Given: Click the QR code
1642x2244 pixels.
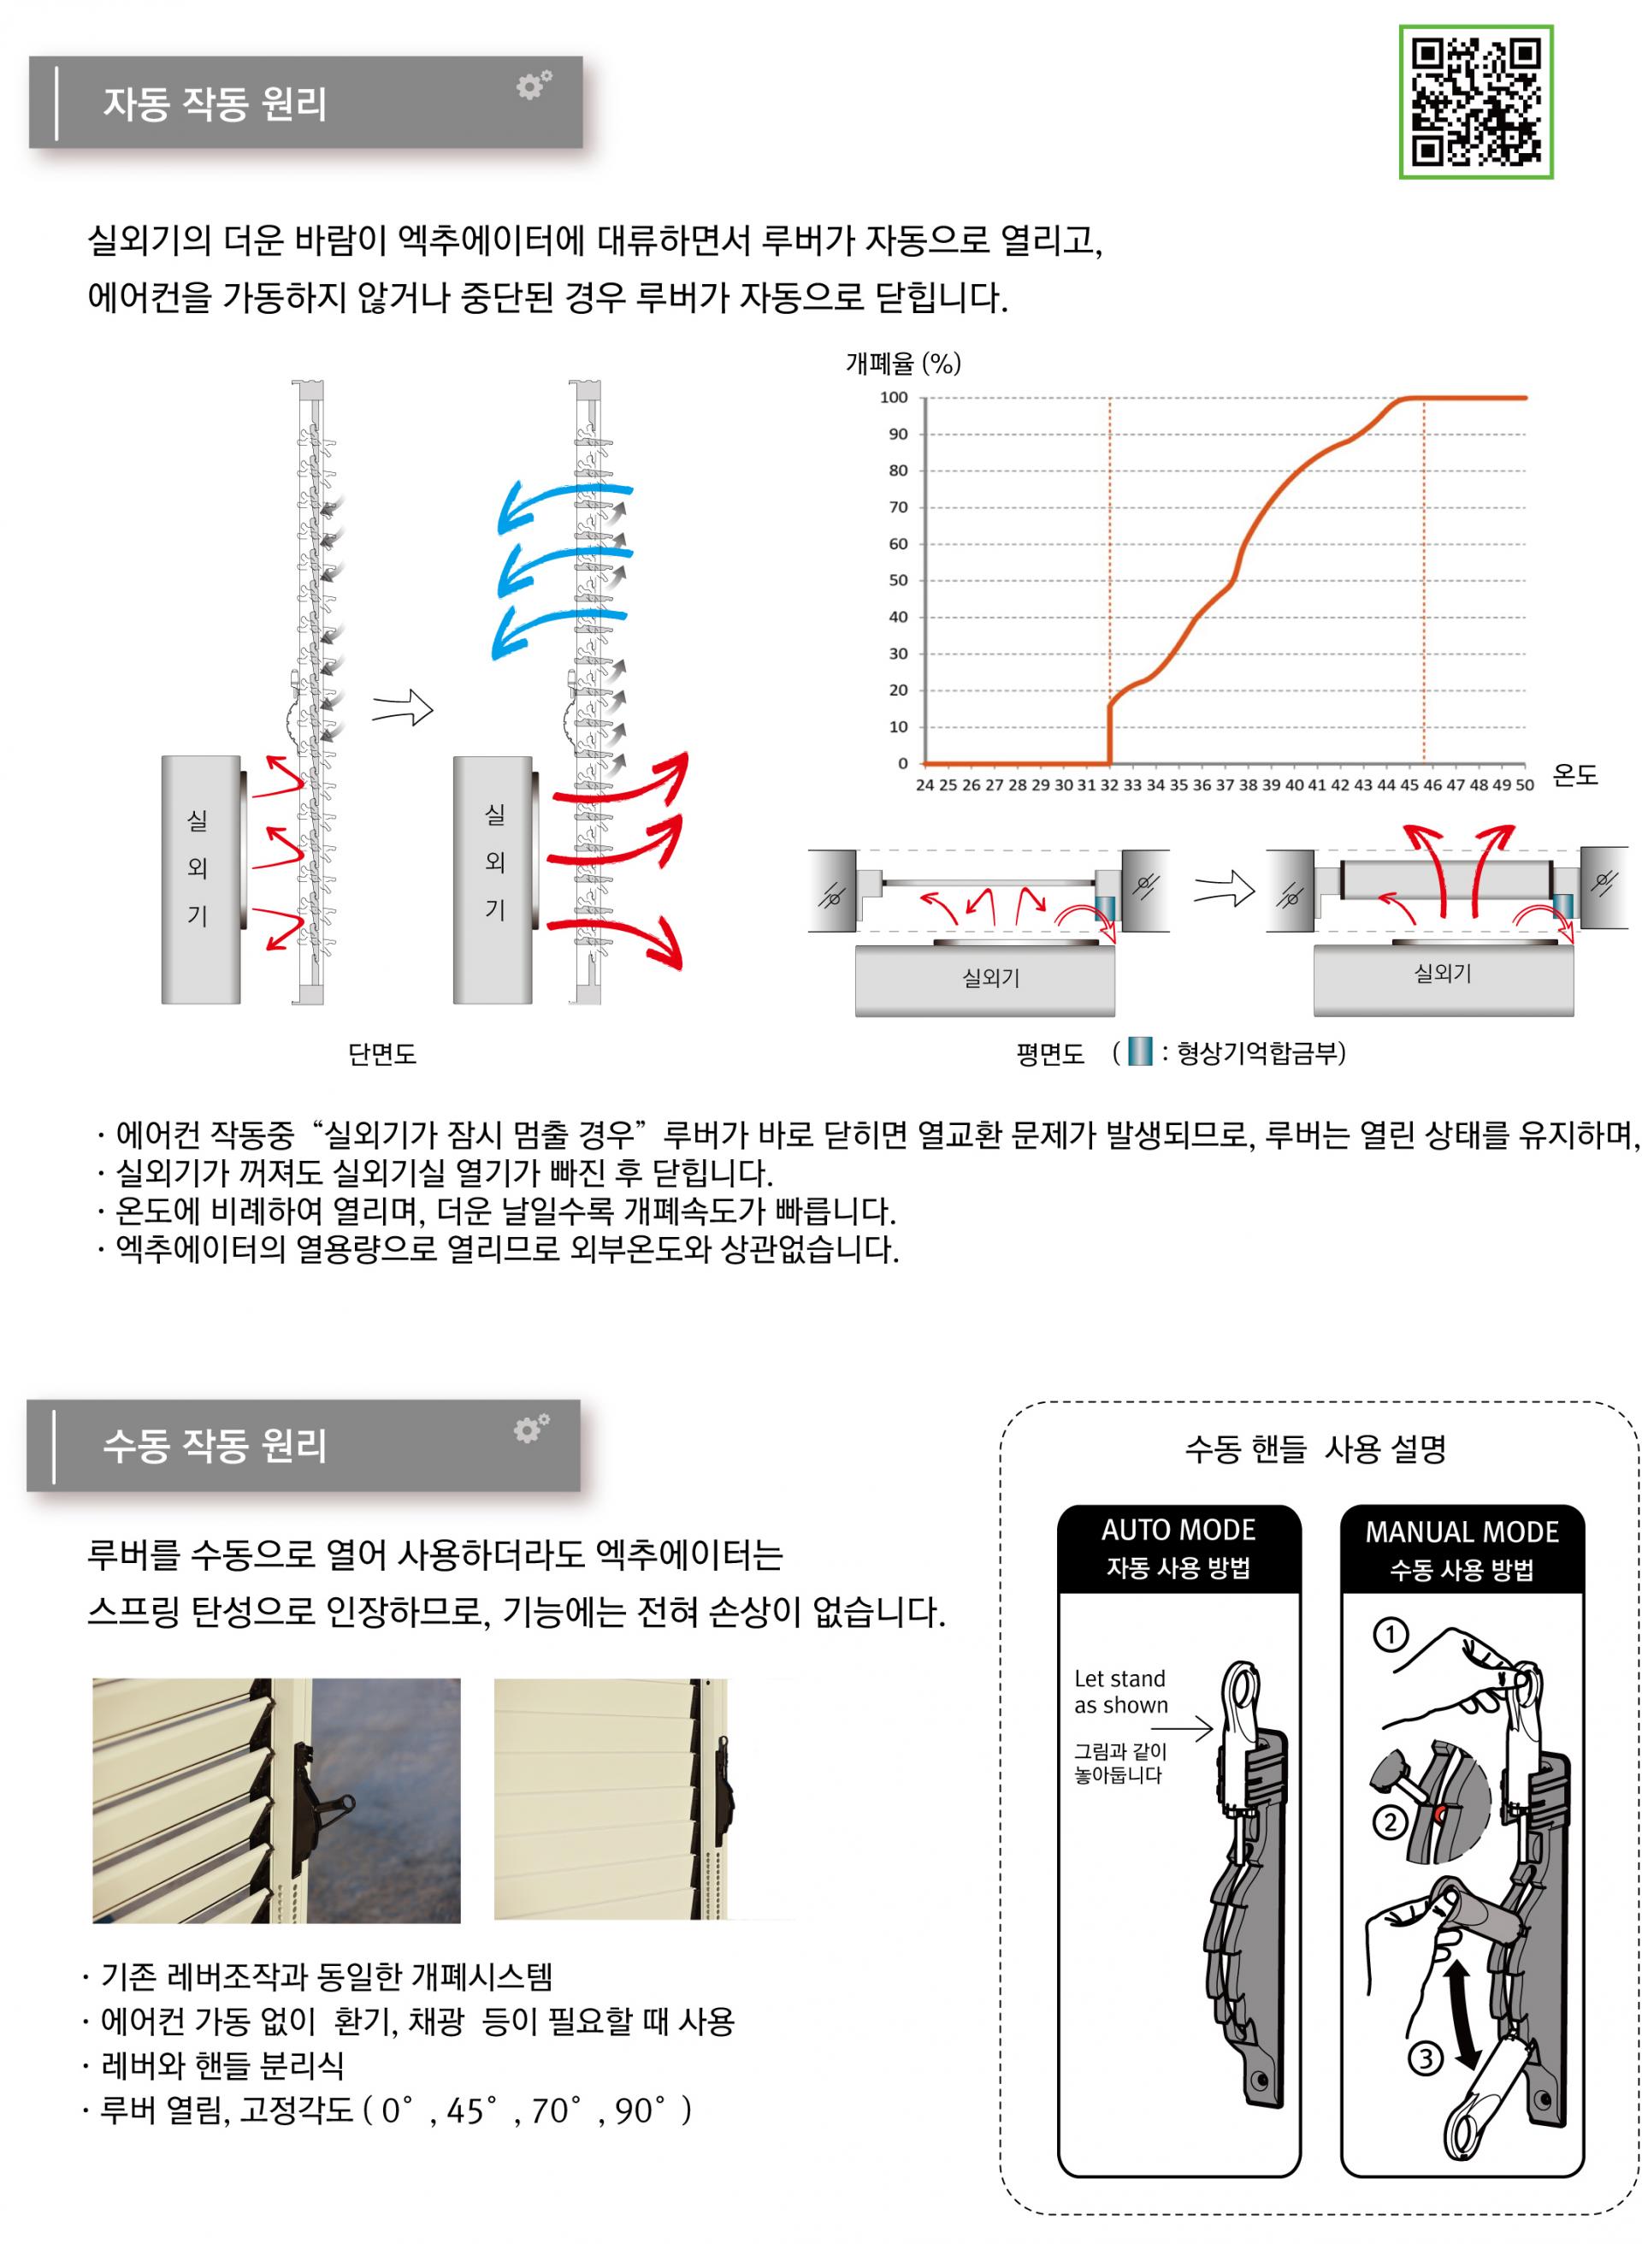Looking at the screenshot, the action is click(x=1476, y=102).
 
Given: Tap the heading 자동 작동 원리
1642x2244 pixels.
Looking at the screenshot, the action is click(x=215, y=104).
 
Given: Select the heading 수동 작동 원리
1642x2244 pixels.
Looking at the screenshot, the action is click(x=215, y=1446).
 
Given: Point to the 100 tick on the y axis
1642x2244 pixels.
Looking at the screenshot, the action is click(x=894, y=398).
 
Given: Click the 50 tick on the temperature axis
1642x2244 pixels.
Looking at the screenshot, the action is click(x=1524, y=785).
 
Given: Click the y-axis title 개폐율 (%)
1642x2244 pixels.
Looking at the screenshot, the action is click(x=902, y=363).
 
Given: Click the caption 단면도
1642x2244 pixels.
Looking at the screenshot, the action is click(x=381, y=1055).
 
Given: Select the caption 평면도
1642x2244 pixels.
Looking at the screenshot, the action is click(x=1049, y=1054).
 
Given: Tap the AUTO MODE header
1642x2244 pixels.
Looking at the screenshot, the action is click(x=1178, y=1531).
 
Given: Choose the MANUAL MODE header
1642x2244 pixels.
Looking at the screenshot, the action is click(x=1462, y=1532).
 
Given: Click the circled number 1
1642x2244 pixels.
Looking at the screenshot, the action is click(x=1390, y=1635).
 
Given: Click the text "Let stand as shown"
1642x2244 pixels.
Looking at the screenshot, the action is click(x=1121, y=1692).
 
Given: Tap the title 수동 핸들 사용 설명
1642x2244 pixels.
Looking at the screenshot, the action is click(x=1315, y=1448).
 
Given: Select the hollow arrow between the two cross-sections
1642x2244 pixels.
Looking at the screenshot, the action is click(x=403, y=710).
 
